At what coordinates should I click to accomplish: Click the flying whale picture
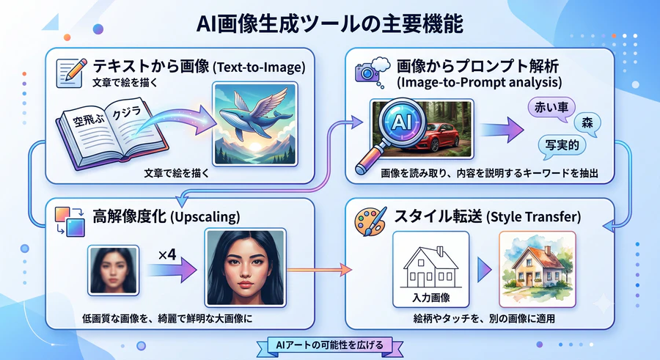255,124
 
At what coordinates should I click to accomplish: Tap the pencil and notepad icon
70,73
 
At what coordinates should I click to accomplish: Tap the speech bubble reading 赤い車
551,109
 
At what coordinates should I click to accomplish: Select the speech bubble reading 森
587,123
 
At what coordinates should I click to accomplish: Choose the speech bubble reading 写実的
562,146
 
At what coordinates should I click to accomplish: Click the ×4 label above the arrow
167,254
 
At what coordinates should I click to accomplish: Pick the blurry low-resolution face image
113,270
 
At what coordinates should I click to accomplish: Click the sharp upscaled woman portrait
245,268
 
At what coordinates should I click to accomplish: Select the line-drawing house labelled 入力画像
430,270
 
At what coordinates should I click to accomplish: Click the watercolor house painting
537,269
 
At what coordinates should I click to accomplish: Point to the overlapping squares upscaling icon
70,221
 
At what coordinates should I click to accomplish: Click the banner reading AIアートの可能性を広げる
329,345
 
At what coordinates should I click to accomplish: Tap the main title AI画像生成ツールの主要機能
329,23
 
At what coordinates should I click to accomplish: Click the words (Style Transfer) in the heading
533,217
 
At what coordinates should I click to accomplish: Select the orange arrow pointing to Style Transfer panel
320,270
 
